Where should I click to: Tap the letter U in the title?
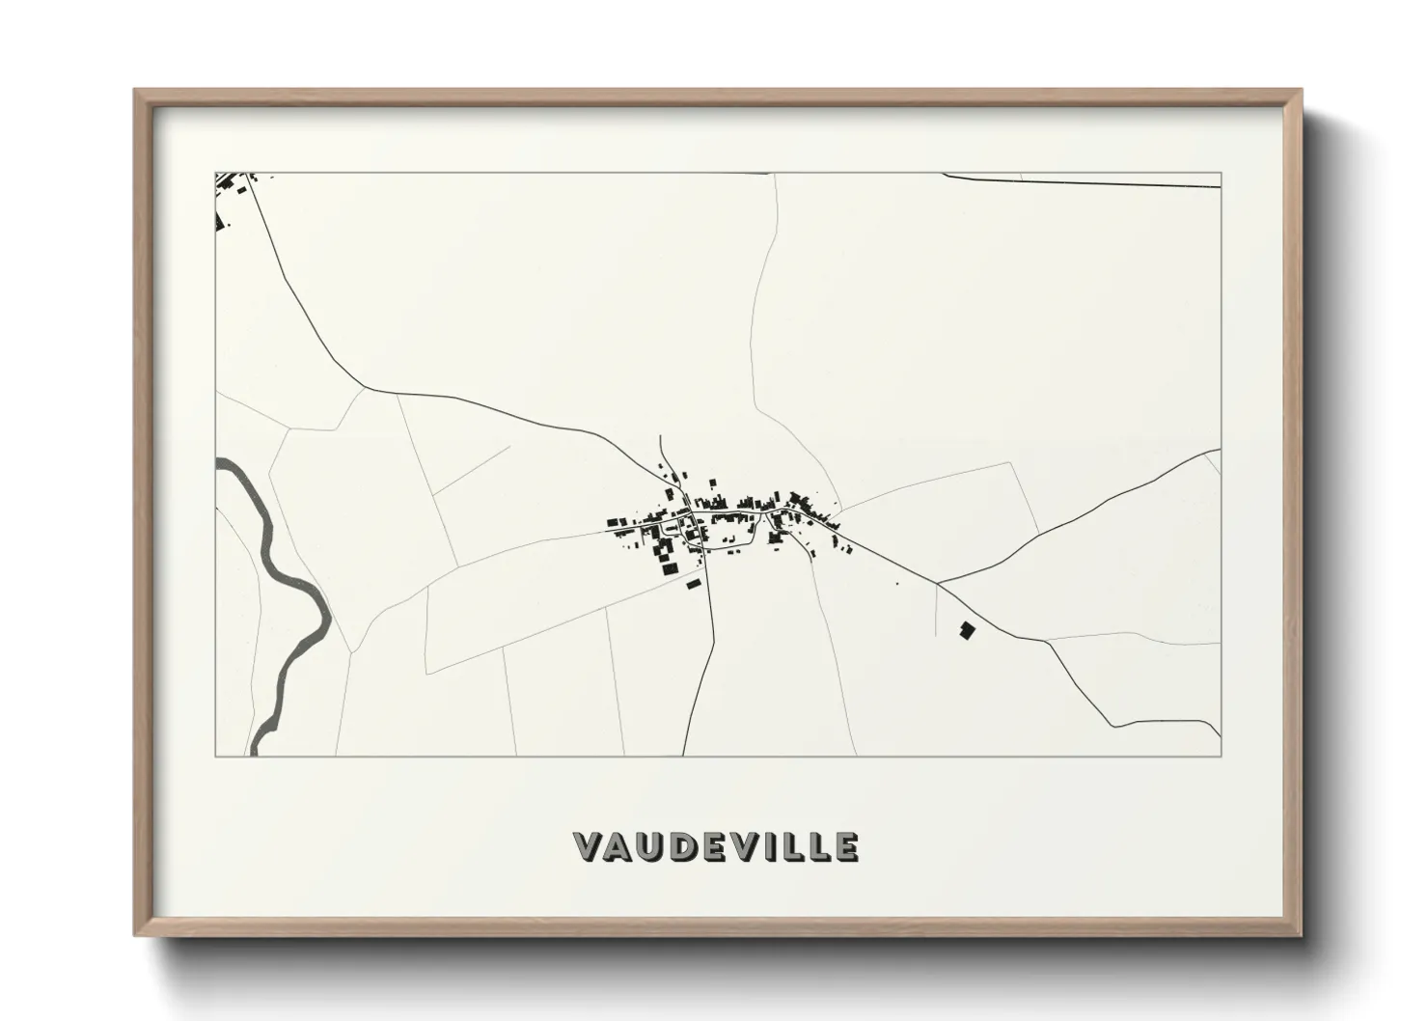tap(653, 847)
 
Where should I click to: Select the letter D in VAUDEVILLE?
tap(685, 847)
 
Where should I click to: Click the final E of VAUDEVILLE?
tap(845, 847)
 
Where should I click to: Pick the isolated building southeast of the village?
tap(967, 630)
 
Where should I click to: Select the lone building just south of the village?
tap(692, 583)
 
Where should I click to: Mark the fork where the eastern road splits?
tap(938, 583)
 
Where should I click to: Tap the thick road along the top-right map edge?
tap(1081, 180)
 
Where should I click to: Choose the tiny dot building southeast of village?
tap(898, 583)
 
